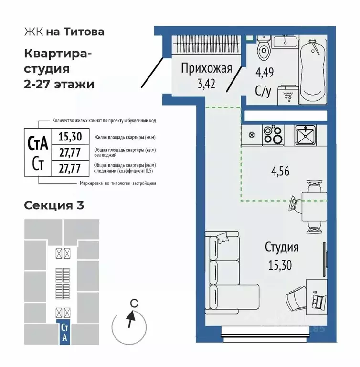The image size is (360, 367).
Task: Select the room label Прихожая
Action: coord(206,68)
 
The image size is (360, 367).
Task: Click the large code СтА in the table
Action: coord(39,142)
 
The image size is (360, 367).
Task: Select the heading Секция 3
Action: coord(54,205)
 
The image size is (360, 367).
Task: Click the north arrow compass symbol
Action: coord(130,320)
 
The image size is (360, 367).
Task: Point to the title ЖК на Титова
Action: coord(64,32)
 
